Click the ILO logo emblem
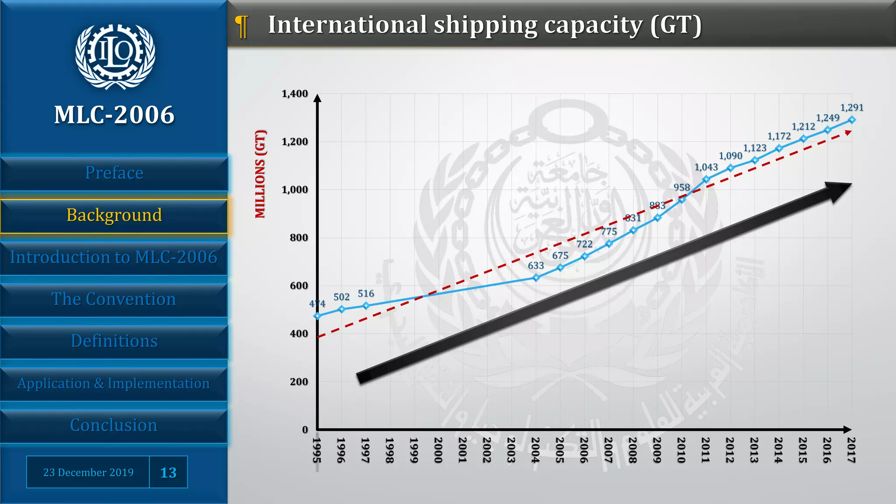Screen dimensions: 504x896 click(115, 56)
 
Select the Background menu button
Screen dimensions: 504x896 click(114, 215)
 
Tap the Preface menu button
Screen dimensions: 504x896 click(114, 173)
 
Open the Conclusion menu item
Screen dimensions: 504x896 click(114, 425)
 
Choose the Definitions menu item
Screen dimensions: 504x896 click(114, 341)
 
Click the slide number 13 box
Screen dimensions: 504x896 click(168, 472)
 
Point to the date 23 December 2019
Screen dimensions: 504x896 click(88, 472)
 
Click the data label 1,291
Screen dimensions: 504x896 click(851, 108)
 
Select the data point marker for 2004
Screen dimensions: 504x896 click(536, 277)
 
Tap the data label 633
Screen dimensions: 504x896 click(535, 266)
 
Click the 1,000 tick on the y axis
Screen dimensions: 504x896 click(294, 189)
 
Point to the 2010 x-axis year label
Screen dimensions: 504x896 click(681, 450)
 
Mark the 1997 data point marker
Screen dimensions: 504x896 click(366, 305)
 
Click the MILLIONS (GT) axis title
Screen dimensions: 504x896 click(260, 174)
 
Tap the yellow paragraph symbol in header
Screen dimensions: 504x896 click(241, 26)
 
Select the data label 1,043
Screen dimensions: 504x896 click(706, 167)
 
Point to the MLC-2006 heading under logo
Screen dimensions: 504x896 click(114, 115)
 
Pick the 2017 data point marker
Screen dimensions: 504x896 click(851, 119)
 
